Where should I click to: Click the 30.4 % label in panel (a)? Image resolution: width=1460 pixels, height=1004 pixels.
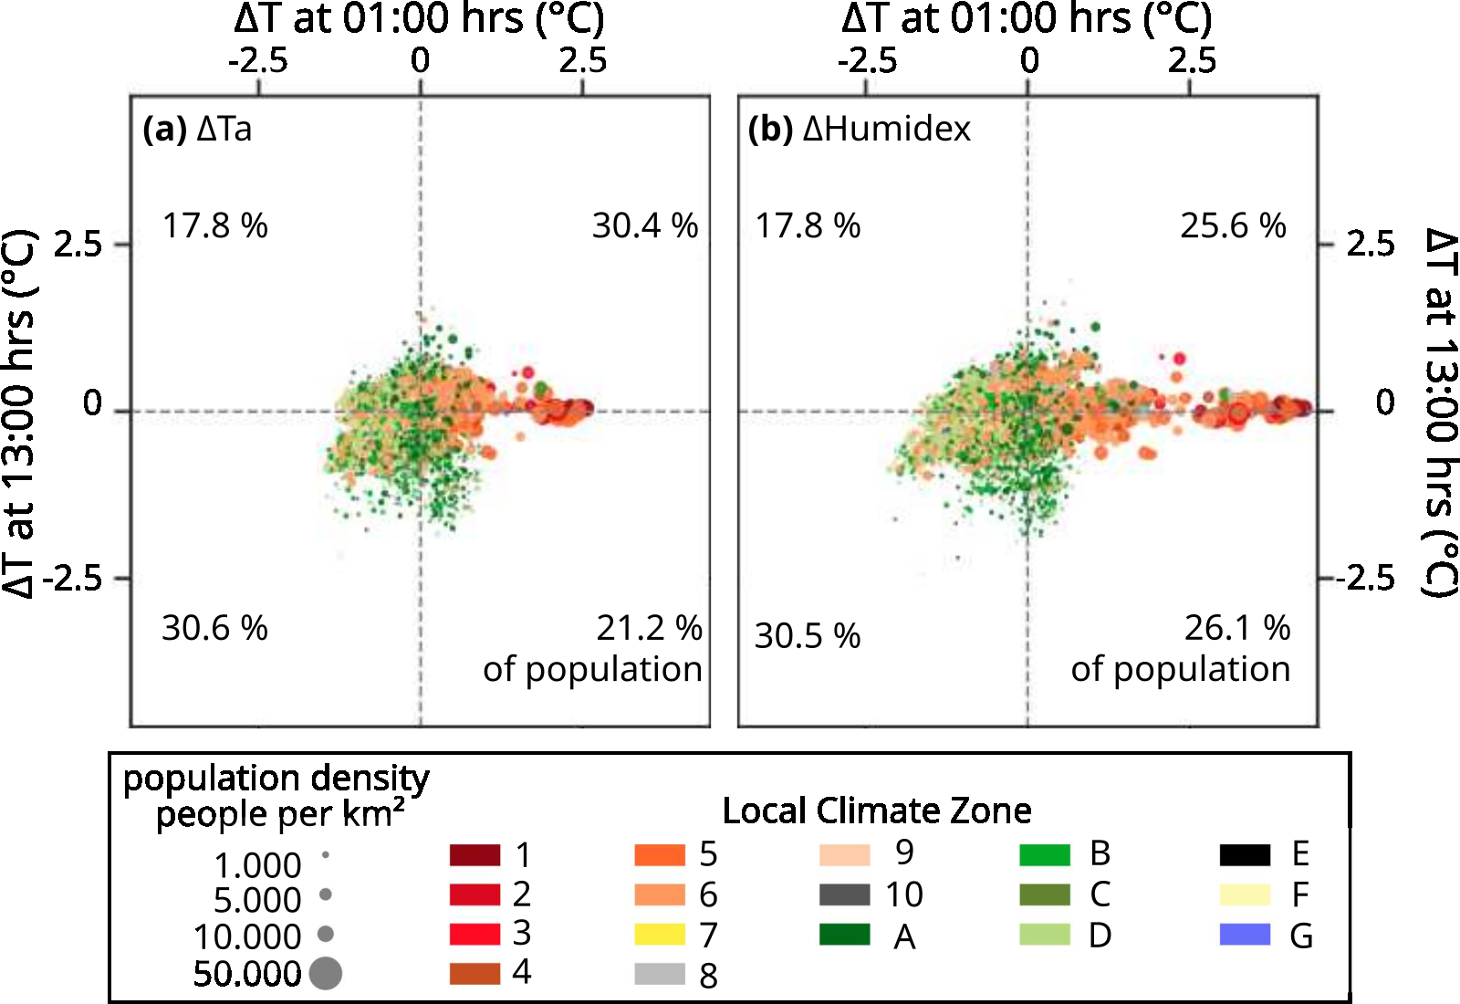[644, 225]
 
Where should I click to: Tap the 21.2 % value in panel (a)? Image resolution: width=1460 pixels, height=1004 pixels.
[648, 628]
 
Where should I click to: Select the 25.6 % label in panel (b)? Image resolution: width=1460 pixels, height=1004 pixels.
[1233, 225]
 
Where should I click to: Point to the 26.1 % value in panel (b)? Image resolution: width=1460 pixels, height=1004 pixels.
[1236, 628]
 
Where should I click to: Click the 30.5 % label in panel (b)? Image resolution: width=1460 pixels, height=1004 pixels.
[807, 636]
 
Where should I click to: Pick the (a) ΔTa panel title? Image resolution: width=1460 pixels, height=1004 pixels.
[197, 129]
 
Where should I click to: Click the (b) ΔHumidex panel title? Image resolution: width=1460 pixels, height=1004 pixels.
[859, 129]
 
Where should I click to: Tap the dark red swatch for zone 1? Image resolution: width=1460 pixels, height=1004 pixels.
[474, 855]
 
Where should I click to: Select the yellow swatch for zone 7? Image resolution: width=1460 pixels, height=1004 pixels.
[660, 935]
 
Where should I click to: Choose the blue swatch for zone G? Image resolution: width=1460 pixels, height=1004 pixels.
[1245, 935]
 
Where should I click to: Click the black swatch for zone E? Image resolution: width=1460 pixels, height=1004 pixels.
[1245, 855]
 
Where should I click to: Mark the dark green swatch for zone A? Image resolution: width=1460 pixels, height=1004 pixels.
[844, 935]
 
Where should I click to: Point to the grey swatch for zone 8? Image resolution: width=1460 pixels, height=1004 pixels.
[660, 974]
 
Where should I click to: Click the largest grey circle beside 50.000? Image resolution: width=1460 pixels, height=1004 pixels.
[326, 973]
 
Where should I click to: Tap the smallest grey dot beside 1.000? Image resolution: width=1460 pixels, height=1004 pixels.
[326, 856]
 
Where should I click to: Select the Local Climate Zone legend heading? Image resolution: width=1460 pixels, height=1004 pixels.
[876, 811]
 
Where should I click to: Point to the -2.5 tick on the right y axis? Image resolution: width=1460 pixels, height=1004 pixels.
[1366, 578]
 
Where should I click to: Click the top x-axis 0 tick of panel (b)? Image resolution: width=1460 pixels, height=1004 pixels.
[1029, 61]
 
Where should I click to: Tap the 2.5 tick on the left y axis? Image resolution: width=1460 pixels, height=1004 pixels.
[78, 245]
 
